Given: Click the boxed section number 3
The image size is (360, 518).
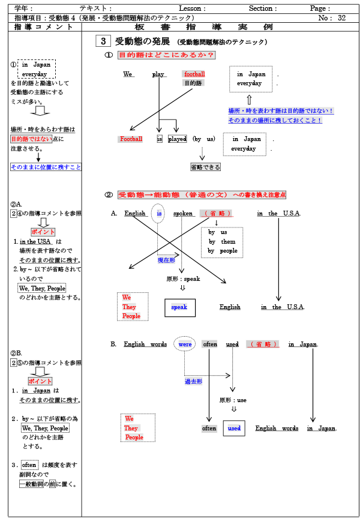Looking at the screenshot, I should coord(103,41).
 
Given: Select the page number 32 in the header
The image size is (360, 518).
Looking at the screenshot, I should coord(341,18).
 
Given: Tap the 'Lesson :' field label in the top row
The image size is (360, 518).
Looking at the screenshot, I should coord(192,8).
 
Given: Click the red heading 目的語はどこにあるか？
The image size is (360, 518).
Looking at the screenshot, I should coord(166,55).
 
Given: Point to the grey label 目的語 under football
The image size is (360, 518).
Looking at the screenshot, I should coord(193,83).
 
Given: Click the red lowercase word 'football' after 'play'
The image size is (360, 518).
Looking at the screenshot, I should coord(194,74).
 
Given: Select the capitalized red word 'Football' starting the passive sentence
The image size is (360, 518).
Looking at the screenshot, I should coord(131,139).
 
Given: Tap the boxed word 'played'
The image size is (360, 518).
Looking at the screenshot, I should coord(177,139).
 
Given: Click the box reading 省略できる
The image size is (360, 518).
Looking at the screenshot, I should coord(205,167).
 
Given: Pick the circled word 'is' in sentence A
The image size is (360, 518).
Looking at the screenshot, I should coord(158,214).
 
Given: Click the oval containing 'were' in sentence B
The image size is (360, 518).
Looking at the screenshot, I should coord(185,345).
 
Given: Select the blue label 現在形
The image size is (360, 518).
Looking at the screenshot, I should coord(166,261).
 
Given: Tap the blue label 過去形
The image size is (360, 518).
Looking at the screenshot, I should coord(193,381).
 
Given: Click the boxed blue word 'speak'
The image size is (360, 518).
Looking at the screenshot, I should coord(179,307).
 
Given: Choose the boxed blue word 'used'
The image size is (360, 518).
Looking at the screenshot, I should coord(234,429).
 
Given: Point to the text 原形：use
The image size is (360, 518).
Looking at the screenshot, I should coord(233,400).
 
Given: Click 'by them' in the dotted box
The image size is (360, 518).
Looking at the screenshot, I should coord(221,241).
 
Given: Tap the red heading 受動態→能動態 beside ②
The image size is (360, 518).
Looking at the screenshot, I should coord(156,195).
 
